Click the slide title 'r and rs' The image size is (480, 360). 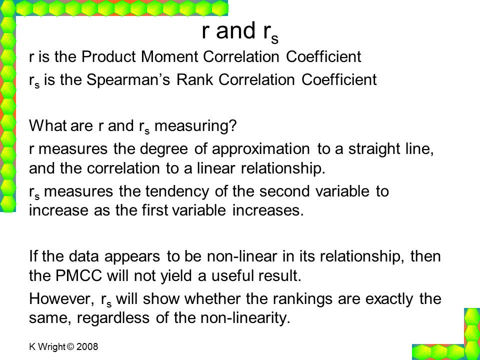tap(240, 32)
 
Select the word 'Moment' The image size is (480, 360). tap(169, 56)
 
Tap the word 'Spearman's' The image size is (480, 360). tap(128, 80)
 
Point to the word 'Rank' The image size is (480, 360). tap(194, 80)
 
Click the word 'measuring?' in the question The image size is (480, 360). tap(195, 126)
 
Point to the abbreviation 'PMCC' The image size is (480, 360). tap(79, 275)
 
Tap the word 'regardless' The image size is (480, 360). tap(113, 318)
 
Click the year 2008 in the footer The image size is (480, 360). tap(87, 347)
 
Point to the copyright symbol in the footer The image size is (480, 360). tap(70, 347)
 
